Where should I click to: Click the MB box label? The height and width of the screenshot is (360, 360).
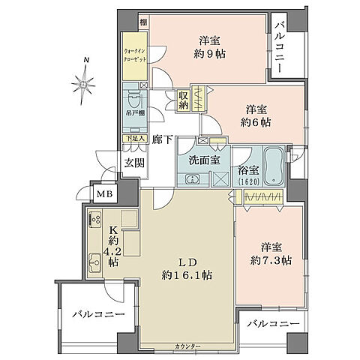point(102,193)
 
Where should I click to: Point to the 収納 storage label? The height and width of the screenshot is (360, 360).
point(184,100)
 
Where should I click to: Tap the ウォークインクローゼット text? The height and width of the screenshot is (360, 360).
point(136,58)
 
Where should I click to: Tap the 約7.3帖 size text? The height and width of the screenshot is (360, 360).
point(268,260)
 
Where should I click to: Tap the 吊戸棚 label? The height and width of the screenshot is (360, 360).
point(136,119)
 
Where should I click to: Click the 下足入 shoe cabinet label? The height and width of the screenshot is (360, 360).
point(135,139)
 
